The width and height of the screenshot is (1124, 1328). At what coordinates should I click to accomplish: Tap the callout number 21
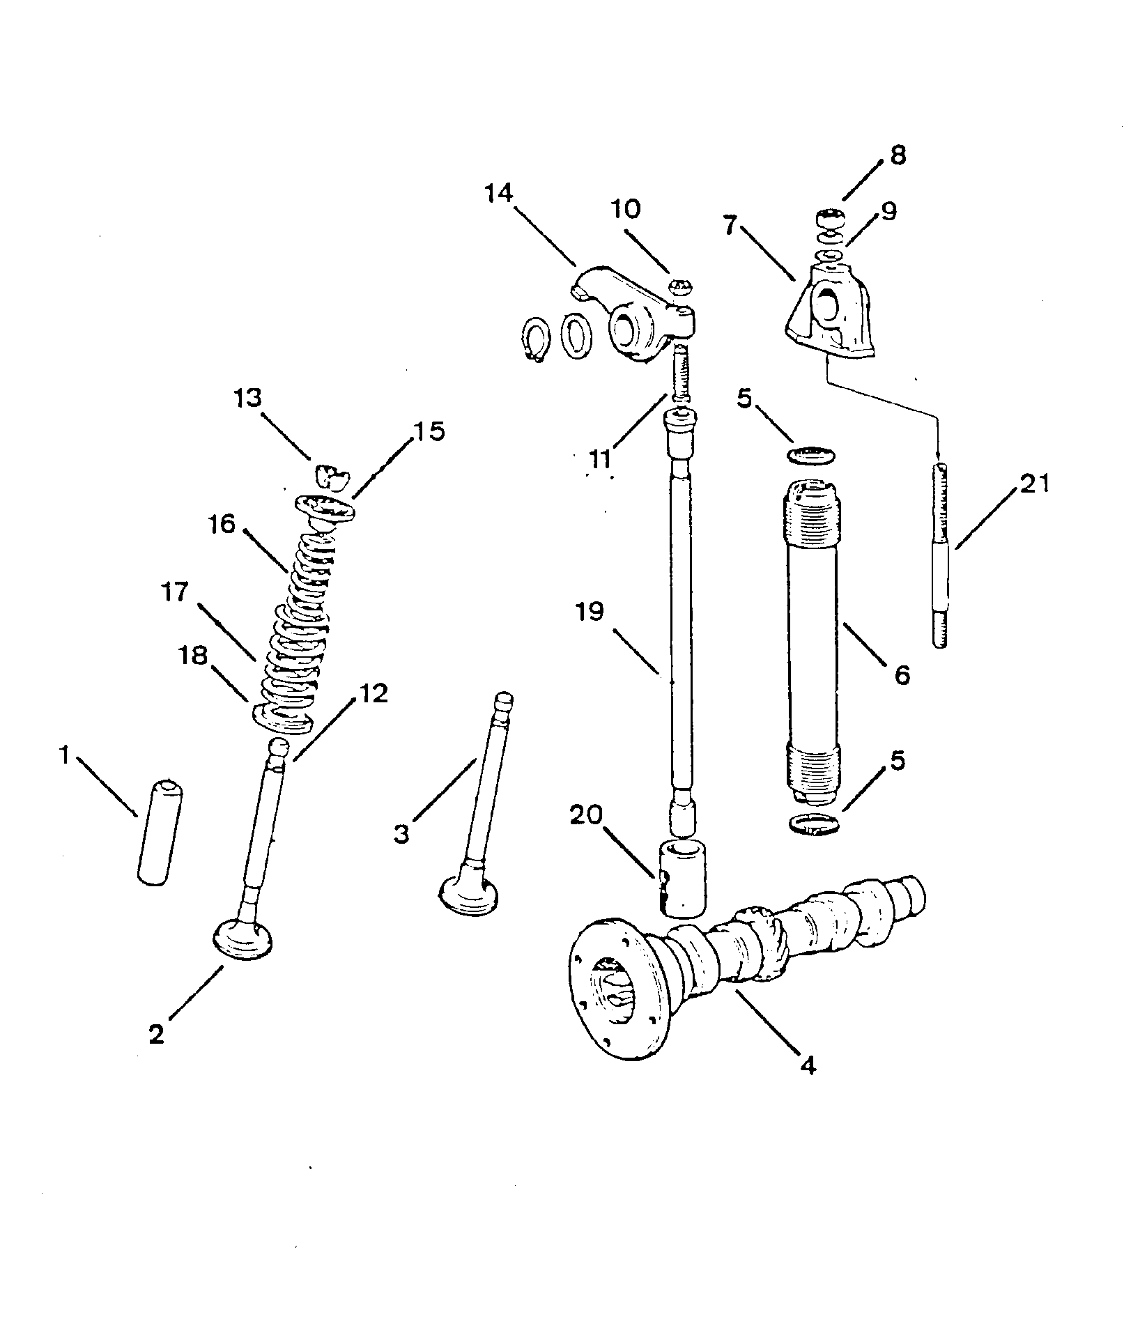[1033, 483]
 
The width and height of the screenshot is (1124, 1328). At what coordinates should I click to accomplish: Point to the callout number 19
[590, 612]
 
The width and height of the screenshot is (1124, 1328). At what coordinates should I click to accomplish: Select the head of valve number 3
[469, 894]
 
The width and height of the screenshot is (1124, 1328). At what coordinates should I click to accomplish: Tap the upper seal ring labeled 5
[813, 456]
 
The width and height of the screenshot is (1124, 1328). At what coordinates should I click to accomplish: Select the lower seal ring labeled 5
[813, 824]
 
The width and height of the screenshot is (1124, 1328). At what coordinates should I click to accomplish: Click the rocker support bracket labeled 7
[829, 314]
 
